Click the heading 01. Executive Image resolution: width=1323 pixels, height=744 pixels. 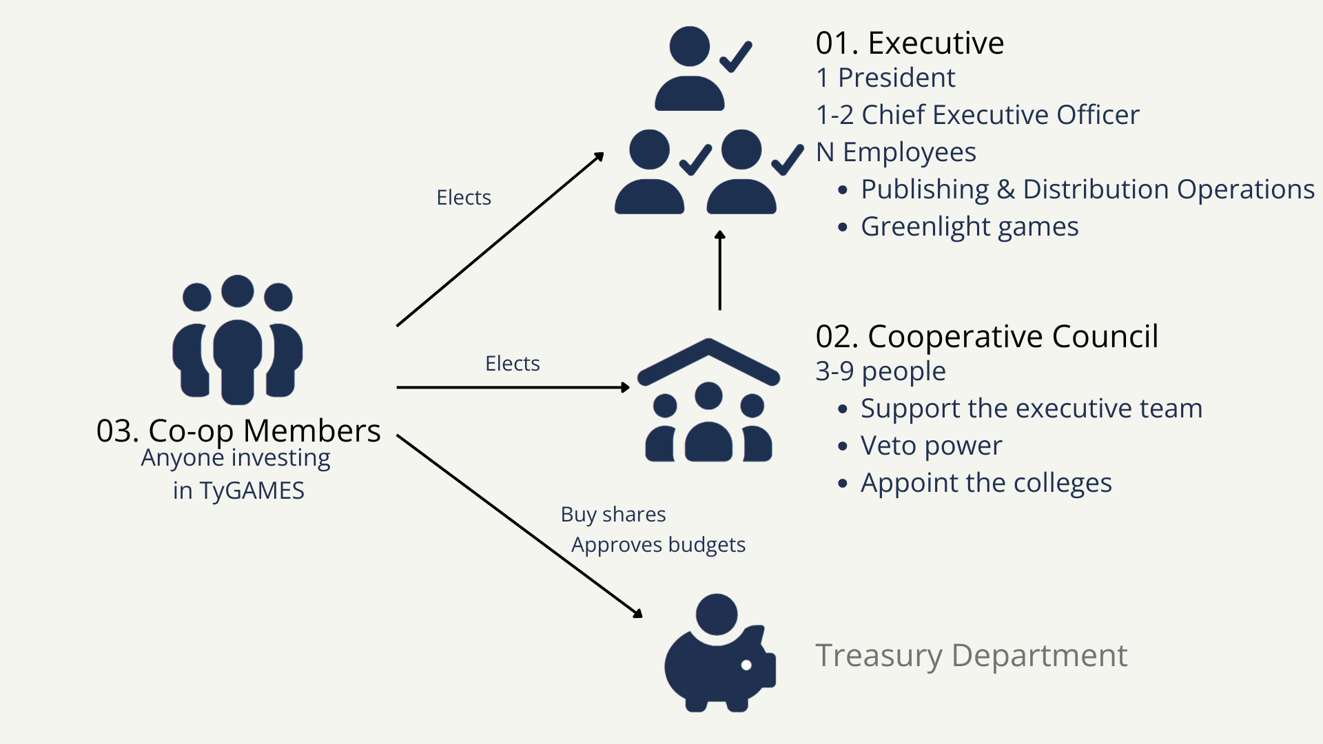pyautogui.click(x=910, y=43)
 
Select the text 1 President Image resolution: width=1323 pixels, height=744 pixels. pyautogui.click(x=885, y=78)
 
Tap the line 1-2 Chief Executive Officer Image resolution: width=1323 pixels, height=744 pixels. pyautogui.click(x=978, y=115)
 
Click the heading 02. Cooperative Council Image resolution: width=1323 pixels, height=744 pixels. pyautogui.click(x=987, y=337)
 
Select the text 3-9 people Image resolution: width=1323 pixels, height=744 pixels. pyautogui.click(x=881, y=372)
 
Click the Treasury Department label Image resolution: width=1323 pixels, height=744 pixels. pyautogui.click(x=972, y=656)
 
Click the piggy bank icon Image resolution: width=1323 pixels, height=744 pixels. pyautogui.click(x=720, y=652)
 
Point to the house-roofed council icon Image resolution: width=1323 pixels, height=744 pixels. pyautogui.click(x=708, y=400)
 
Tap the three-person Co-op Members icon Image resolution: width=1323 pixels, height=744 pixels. pyautogui.click(x=238, y=340)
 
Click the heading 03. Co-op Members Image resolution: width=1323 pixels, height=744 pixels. pyautogui.click(x=238, y=431)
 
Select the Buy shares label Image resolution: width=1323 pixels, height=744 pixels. pyautogui.click(x=613, y=515)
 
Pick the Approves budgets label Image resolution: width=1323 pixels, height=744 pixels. pyautogui.click(x=658, y=545)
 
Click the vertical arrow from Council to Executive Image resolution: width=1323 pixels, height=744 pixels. pyautogui.click(x=720, y=270)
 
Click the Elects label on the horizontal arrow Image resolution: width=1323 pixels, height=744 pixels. pyautogui.click(x=512, y=364)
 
